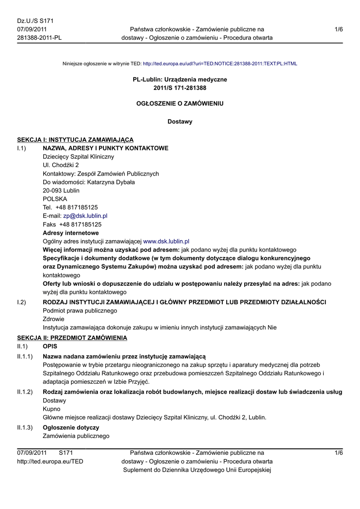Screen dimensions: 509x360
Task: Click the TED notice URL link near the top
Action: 220,64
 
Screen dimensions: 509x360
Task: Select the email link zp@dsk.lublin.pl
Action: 85,216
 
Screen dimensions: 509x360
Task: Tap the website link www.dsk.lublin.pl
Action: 166,241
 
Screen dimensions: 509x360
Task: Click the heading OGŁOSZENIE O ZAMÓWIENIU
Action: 180,104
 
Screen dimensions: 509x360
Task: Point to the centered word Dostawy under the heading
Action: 180,121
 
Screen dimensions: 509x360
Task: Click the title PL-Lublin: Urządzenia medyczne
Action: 180,80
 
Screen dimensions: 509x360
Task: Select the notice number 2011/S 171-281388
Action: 180,88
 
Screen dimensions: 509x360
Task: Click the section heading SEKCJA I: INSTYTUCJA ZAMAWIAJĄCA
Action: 75,140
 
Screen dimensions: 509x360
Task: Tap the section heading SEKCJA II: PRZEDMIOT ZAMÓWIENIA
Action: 72,338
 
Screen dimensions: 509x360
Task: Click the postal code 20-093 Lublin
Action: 61,190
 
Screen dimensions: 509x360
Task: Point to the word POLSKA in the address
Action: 55,199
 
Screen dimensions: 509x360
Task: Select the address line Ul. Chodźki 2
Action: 61,165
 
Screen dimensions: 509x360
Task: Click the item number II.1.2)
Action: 25,392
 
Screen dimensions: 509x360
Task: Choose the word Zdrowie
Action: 53,319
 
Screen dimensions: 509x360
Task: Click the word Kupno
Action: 52,409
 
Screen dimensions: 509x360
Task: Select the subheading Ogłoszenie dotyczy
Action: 71,427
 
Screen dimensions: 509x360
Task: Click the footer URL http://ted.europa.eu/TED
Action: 50,461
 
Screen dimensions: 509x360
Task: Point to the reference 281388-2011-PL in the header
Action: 39,38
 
